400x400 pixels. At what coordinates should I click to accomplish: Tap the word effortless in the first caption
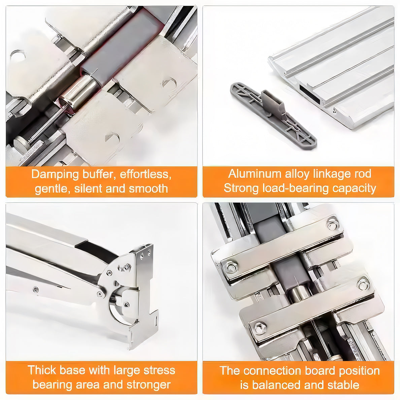145,174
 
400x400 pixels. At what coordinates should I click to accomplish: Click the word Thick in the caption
42,370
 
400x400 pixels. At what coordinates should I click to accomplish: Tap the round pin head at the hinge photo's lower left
21,144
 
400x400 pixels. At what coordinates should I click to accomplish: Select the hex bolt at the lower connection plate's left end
260,328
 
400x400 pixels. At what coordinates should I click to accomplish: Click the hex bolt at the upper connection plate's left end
231,267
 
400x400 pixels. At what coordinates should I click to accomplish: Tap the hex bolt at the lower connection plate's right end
363,285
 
